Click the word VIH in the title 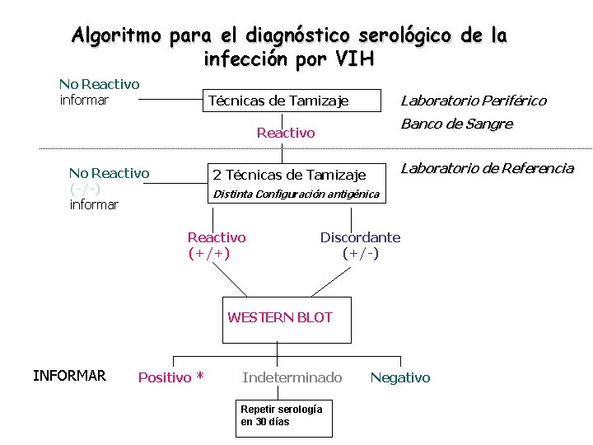pos(355,59)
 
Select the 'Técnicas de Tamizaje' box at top pos(278,101)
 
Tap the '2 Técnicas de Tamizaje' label pos(289,174)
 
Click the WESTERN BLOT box pos(280,317)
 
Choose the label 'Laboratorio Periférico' pos(473,101)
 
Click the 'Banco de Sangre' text pos(456,124)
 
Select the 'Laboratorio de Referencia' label pos(487,169)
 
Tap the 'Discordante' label pos(360,237)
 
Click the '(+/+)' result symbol pos(209,253)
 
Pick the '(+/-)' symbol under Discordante pos(361,253)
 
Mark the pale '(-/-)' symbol pos(86,189)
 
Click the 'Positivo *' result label pos(170,377)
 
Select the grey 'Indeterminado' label pos(292,377)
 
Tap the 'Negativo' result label pos(399,377)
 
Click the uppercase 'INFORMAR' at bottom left pos(69,376)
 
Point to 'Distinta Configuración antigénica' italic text pos(296,194)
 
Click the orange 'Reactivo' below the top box pos(286,133)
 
